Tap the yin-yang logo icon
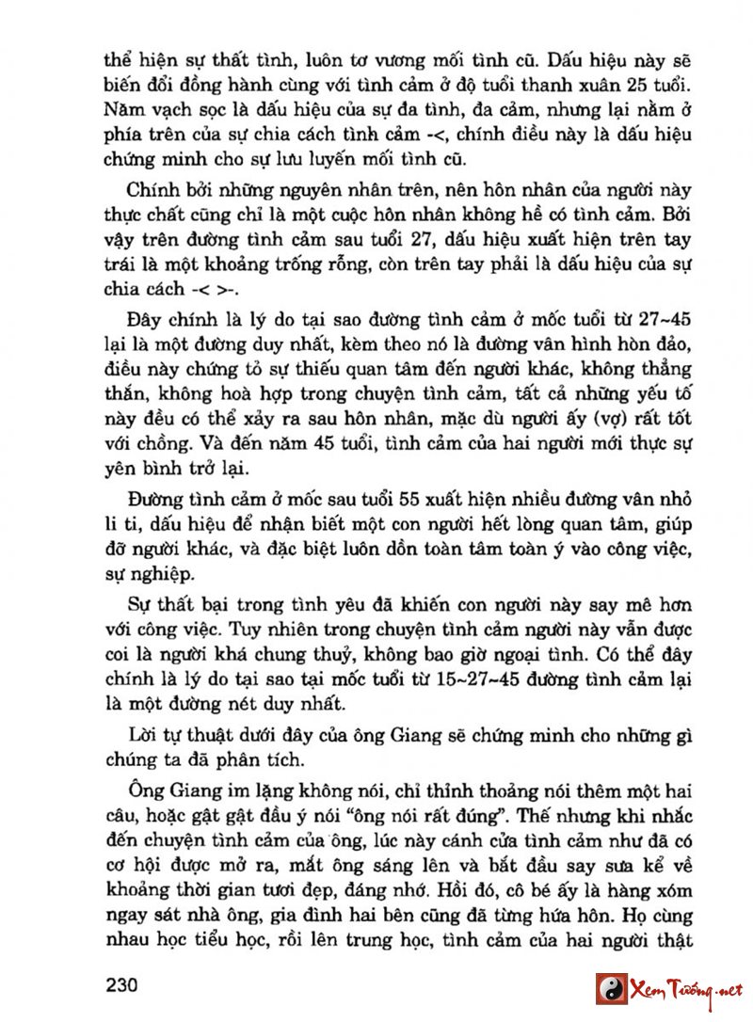[611, 988]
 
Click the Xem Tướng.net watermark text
[684, 989]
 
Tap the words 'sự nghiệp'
[147, 573]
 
